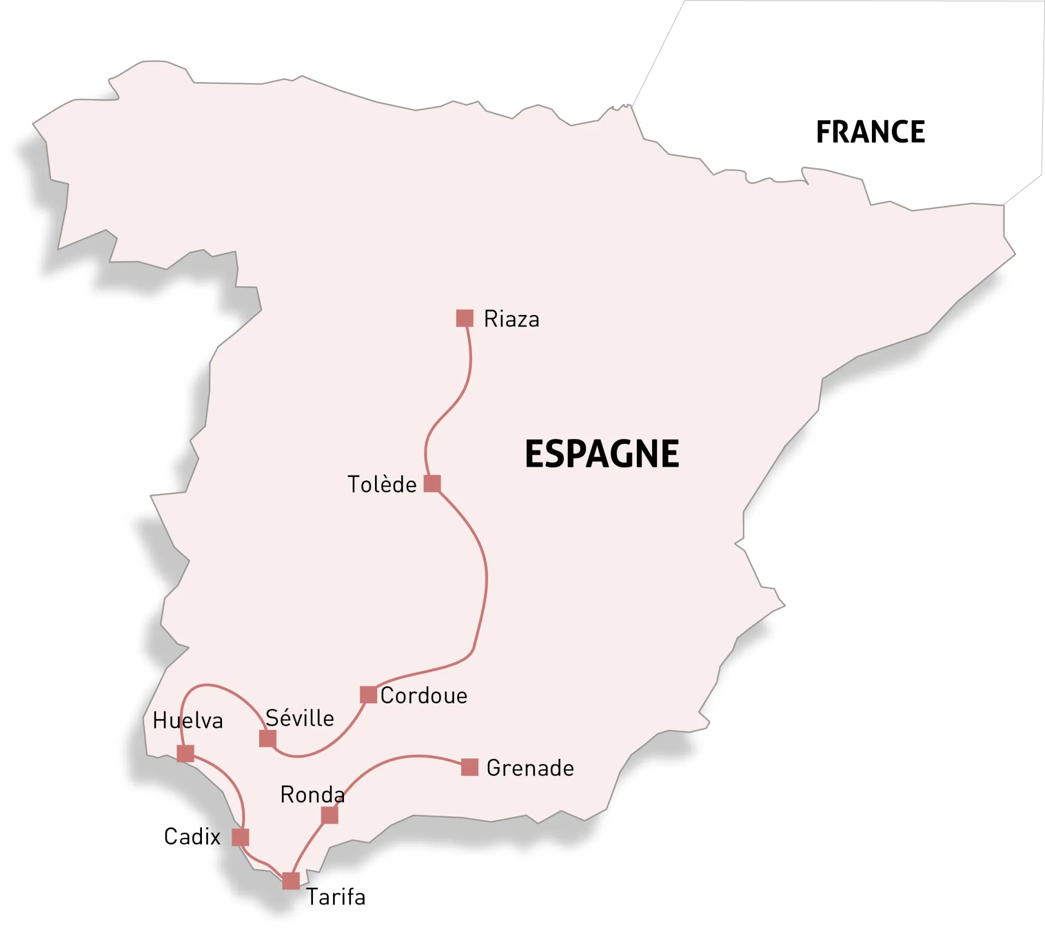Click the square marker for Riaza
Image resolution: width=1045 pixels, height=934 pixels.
coord(464,318)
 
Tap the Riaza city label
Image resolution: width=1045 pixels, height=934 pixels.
coord(511,319)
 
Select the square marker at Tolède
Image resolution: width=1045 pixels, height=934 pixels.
coord(432,483)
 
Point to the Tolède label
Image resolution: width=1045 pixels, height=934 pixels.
coord(382,485)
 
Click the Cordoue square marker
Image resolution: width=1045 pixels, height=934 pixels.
coord(368,695)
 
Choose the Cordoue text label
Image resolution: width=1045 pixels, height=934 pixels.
coord(423,696)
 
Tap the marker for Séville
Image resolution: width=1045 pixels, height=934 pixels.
coord(268,738)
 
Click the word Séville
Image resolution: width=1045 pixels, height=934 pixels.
coord(299,718)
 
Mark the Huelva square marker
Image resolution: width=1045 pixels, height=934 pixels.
coord(186,753)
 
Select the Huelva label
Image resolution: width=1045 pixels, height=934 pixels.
coord(188,721)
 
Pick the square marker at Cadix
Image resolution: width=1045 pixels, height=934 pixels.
coord(241,837)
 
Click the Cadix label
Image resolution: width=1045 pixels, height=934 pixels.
coord(192,837)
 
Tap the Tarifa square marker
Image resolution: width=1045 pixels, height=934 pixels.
coord(291,881)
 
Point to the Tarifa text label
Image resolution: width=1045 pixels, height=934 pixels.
coord(336,897)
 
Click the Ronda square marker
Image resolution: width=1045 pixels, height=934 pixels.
coord(329,815)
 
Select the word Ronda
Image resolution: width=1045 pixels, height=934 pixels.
coord(312,795)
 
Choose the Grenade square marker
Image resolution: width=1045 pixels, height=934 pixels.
coord(470,767)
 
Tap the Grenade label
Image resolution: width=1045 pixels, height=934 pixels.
coord(530,768)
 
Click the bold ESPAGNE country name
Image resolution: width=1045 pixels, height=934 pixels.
coord(602,454)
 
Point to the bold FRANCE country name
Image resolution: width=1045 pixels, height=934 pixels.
coord(870,132)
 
